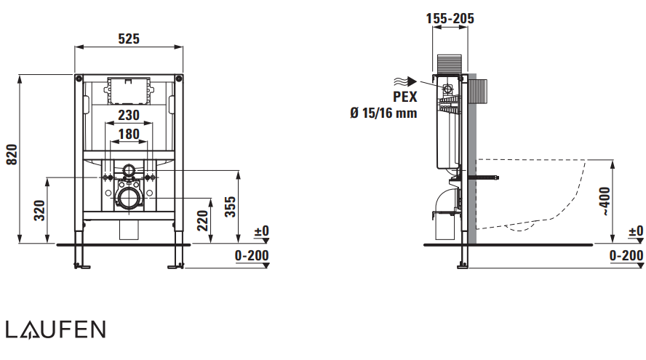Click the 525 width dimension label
129,39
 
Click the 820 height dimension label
12,154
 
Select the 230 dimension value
129,115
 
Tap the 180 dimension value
129,134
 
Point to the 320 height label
39,210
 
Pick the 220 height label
202,220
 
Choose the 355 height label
230,207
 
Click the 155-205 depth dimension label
450,18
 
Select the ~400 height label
605,201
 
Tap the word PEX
405,97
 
